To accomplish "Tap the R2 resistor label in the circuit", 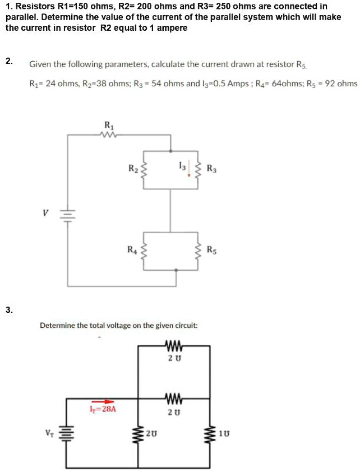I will (132, 168).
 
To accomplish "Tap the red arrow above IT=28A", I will (102, 401).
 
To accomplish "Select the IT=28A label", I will (103, 409).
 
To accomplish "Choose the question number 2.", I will (8, 61).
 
